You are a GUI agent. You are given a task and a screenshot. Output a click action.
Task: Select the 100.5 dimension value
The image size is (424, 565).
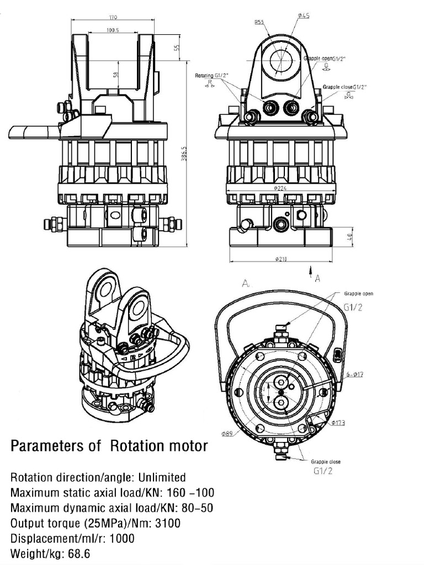pos(113,30)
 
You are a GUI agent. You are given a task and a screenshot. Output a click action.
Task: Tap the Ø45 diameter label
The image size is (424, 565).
pos(303,16)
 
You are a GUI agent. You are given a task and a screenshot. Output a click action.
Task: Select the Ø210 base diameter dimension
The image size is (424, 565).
pos(280,259)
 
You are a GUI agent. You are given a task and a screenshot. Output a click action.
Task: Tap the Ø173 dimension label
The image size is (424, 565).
pos(338,423)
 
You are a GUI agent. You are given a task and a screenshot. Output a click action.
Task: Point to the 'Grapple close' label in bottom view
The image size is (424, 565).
pos(325,461)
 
